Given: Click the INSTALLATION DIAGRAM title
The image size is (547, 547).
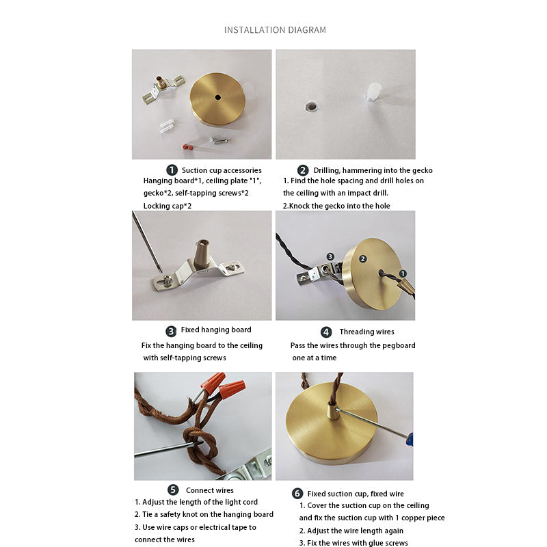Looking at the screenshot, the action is pos(275,30).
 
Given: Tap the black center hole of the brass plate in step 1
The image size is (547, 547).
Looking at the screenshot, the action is pos(217,97).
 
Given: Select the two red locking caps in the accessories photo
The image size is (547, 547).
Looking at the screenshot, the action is pos(187,147).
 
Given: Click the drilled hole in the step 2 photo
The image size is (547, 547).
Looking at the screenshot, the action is pos(311,106).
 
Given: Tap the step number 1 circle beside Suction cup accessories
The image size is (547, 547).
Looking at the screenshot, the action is pos(172,170).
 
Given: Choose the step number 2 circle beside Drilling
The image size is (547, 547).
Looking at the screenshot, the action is pos(303,170).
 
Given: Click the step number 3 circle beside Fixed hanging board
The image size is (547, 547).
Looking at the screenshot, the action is pos(171,331).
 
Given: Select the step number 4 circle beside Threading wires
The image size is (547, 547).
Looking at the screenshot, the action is pos(326,332).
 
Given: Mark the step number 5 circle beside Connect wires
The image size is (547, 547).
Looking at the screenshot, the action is pos(173,490).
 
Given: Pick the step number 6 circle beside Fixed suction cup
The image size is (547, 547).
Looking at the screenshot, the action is pos(297,493).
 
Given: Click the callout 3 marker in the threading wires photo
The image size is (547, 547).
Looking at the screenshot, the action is pos(330,257).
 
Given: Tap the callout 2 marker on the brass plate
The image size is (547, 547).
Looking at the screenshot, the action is pos(363,258).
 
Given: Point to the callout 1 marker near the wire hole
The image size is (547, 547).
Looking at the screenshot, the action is pos(403,273).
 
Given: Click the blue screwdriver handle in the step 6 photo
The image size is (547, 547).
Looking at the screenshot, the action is pos(410,439).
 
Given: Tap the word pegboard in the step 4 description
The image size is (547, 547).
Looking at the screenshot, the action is pos(399,345).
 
